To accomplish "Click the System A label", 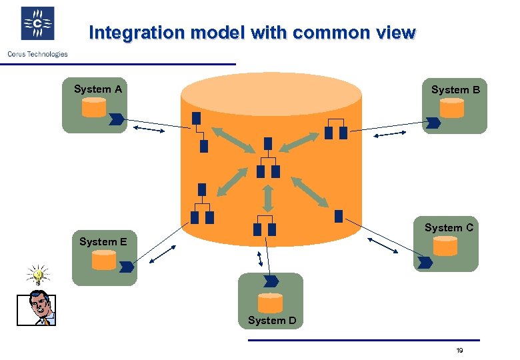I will tap(97, 89).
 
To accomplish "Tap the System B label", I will tap(455, 89).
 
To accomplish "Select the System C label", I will tap(449, 227).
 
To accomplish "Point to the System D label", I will tap(272, 320).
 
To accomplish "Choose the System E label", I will tap(103, 241).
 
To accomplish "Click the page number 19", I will tap(459, 351).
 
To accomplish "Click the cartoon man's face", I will tap(40, 309).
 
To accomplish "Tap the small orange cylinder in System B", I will tap(452, 108).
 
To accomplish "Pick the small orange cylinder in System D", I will tap(270, 303).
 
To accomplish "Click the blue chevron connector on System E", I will tap(126, 267).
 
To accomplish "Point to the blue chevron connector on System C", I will tap(424, 263).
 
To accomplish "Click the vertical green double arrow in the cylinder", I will tap(267, 198).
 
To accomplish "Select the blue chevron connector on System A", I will tap(116, 120).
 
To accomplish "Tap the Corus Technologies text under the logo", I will tap(37, 54).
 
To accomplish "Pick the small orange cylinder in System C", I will tap(445, 246).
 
